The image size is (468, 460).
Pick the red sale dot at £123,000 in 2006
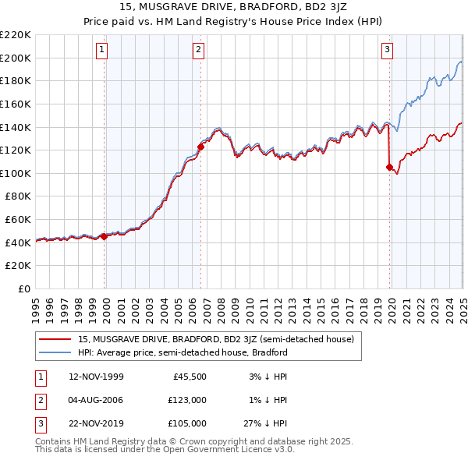pos(200,146)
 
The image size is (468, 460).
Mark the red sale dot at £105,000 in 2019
pos(390,166)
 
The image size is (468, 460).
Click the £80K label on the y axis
pos(18,196)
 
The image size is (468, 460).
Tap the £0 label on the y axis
pos(23,289)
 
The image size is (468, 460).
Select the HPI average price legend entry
pos(183,352)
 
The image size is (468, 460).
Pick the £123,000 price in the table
pos(188,401)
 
